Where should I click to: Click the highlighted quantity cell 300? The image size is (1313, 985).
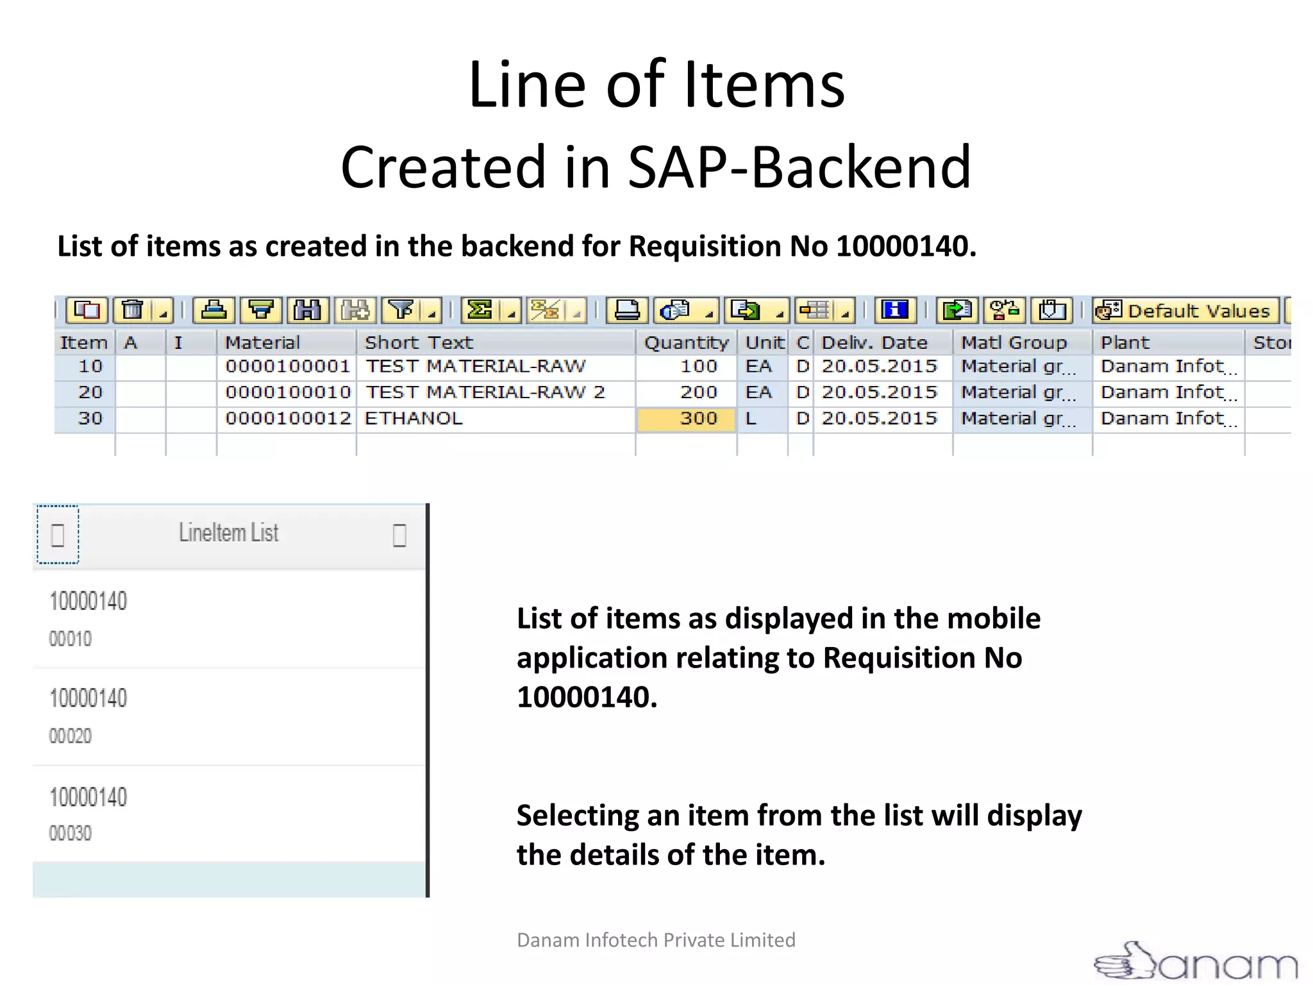(686, 419)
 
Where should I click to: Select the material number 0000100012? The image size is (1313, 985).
(288, 419)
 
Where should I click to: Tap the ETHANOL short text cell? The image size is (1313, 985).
(414, 419)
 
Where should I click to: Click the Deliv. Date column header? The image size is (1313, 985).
(874, 342)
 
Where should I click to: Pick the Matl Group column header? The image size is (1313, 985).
(1014, 342)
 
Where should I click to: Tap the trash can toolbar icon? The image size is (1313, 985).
(133, 310)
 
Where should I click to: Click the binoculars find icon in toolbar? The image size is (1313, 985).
(307, 310)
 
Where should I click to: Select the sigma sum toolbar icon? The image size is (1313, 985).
(480, 310)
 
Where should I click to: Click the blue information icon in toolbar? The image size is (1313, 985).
(894, 310)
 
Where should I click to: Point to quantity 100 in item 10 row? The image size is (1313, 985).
(698, 366)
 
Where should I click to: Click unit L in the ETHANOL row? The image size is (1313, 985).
(751, 419)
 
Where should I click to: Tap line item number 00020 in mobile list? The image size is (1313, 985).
(71, 736)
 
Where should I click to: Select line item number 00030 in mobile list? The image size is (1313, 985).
(71, 833)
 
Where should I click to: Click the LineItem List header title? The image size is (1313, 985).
(229, 533)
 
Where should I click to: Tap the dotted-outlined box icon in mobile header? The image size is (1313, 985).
(58, 535)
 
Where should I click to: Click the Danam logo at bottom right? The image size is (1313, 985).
(1196, 962)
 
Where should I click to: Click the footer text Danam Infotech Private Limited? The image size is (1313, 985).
(656, 940)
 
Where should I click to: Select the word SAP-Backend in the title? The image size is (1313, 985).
(799, 167)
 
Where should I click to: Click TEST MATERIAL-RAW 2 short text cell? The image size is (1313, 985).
(485, 392)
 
